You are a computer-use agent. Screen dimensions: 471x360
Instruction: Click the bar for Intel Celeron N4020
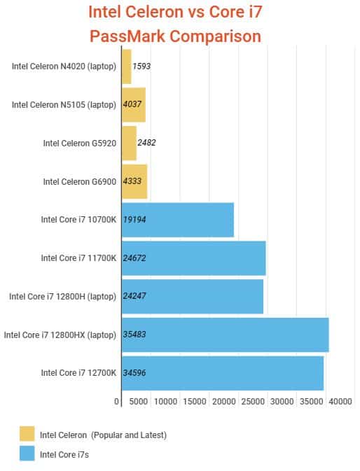click(x=126, y=66)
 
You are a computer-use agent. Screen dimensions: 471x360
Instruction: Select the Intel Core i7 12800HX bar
click(x=225, y=335)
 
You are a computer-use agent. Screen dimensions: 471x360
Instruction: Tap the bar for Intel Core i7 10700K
click(x=177, y=220)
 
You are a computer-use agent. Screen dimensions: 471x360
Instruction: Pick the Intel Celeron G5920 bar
click(x=129, y=143)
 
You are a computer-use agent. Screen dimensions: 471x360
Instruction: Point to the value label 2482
click(x=146, y=143)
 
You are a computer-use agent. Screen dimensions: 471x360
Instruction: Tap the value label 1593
click(x=141, y=66)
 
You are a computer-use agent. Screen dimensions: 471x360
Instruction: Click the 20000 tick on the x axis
click(x=223, y=402)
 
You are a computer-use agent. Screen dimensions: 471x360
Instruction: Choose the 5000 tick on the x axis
click(x=139, y=402)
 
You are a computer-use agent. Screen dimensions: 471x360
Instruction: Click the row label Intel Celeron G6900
click(x=79, y=182)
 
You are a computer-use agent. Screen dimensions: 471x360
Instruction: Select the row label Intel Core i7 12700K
click(x=78, y=373)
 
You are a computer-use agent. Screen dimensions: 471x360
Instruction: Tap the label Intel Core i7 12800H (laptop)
click(x=62, y=297)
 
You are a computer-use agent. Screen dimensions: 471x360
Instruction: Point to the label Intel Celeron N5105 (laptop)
click(x=64, y=105)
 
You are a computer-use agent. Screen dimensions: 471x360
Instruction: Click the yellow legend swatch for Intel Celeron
click(x=27, y=435)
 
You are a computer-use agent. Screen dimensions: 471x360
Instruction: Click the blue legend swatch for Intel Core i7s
click(x=27, y=454)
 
